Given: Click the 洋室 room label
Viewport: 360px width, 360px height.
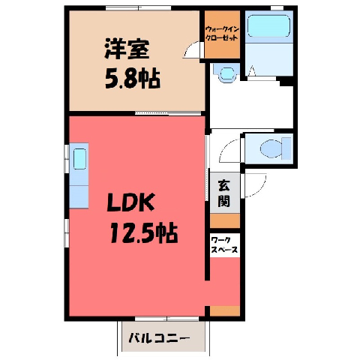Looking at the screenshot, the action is (x=127, y=49).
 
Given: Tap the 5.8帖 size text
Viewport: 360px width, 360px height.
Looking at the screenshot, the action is (x=132, y=78).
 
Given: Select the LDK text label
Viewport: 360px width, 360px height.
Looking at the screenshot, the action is (x=130, y=202).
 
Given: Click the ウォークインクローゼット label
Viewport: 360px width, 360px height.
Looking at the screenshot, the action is (x=222, y=34).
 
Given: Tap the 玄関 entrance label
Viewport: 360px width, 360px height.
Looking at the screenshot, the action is (x=224, y=193).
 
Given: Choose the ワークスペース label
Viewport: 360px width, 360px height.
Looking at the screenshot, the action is (x=224, y=245).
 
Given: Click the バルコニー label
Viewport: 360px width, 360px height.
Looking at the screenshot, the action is (x=159, y=338).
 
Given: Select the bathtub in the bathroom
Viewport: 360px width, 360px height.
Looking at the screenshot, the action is (x=268, y=25).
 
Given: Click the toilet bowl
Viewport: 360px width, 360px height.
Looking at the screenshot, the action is (x=271, y=148).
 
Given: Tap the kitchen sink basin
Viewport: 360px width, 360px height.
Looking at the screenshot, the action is (x=79, y=159).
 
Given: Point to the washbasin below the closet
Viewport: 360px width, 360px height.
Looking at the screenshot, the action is (x=227, y=73).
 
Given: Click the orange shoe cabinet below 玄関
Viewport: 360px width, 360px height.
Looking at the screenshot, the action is (x=225, y=220).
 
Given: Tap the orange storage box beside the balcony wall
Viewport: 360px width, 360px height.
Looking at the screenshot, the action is (x=225, y=310).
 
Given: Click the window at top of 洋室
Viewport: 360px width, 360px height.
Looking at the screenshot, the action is (x=138, y=7).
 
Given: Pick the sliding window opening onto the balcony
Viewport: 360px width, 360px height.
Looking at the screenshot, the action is (x=167, y=319).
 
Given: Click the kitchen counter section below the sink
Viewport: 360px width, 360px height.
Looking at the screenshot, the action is (x=79, y=196).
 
